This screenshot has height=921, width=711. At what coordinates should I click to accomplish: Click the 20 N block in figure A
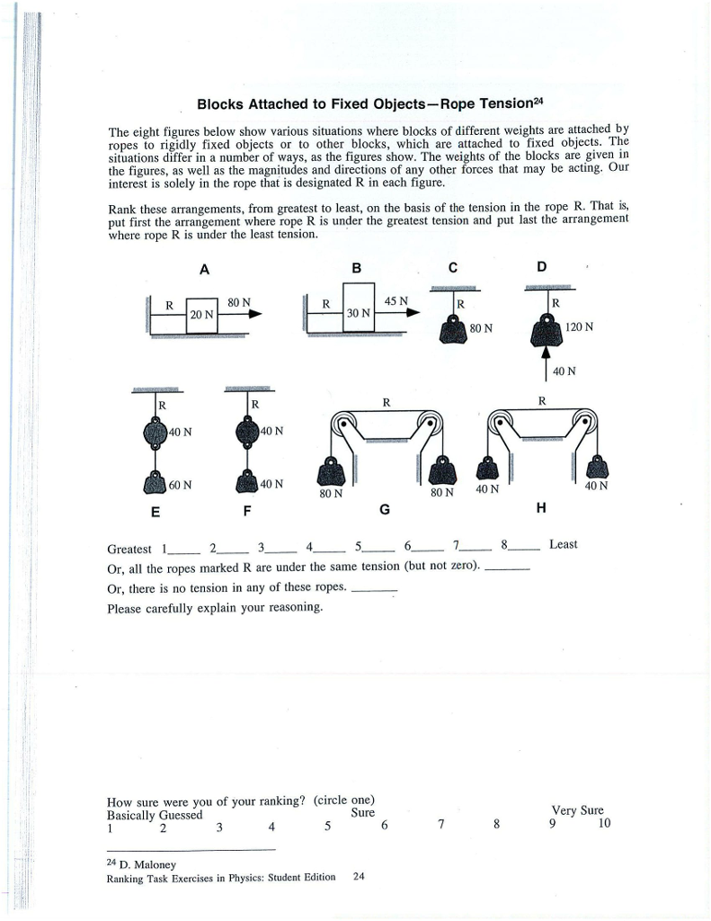coord(201,315)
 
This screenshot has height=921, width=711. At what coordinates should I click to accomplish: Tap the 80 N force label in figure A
coord(238,302)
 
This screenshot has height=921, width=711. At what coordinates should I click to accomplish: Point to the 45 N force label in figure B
coord(395,300)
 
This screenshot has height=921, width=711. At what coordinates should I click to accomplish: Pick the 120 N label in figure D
coord(579,326)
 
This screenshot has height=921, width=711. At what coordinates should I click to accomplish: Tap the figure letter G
coord(385,510)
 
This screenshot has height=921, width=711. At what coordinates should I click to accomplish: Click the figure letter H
coord(540,509)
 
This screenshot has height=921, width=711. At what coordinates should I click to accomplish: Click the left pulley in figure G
coord(342,422)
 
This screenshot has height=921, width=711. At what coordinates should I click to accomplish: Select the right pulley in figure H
coord(585,421)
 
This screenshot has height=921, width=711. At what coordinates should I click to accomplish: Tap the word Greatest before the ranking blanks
coord(129,548)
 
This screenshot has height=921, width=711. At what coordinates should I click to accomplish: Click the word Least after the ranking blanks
coord(563,544)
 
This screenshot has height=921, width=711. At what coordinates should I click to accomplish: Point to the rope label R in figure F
coord(255,404)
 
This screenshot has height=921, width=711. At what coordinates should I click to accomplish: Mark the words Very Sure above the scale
coord(579,809)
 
